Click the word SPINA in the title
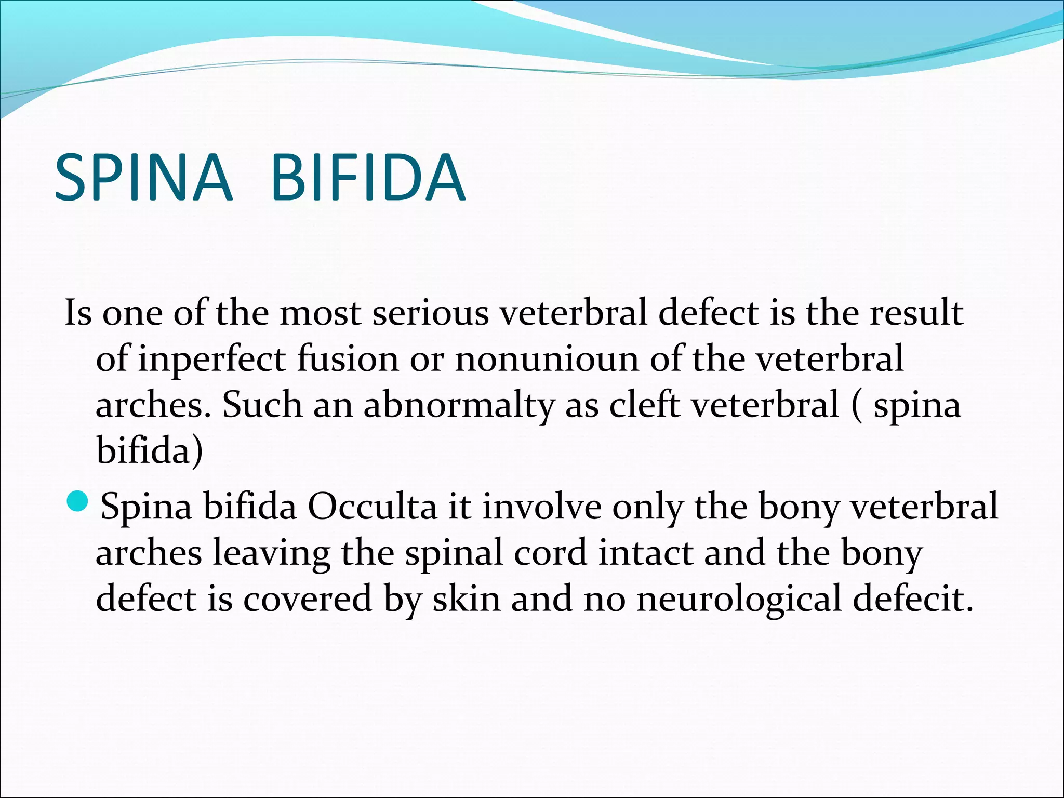[143, 178]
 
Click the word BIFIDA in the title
[368, 178]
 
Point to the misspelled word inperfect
[211, 360]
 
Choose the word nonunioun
[547, 360]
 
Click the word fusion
[348, 360]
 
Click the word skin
[467, 599]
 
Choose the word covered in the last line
[308, 599]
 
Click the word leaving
[271, 554]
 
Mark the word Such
[262, 406]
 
